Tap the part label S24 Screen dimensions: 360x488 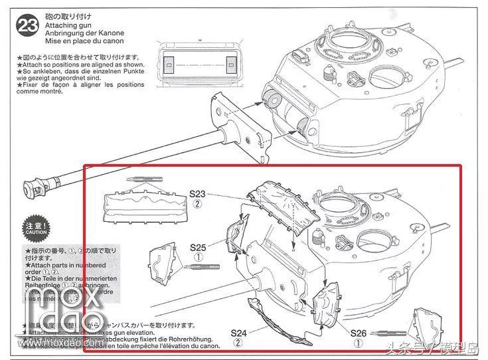(x=238, y=332)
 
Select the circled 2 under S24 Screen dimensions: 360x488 (x=238, y=343)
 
